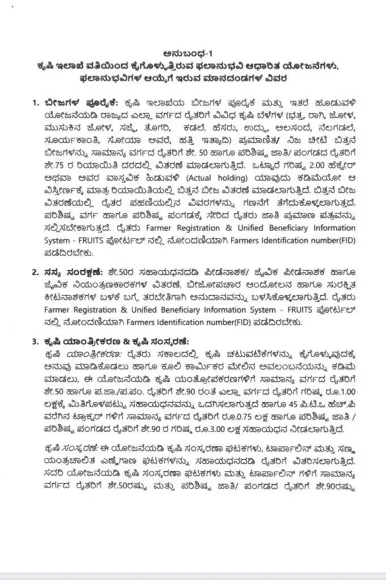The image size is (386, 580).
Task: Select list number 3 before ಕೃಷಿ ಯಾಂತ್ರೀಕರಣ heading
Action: pyautogui.click(x=35, y=340)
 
